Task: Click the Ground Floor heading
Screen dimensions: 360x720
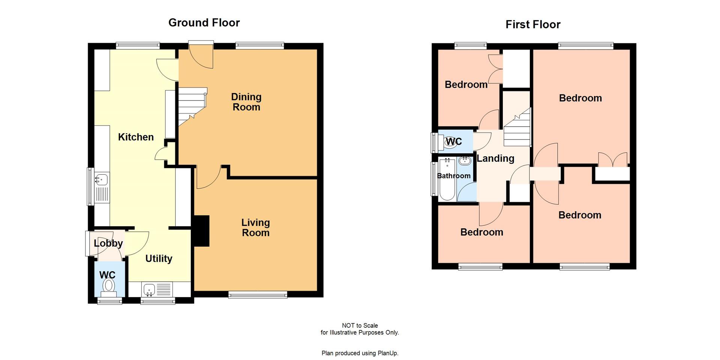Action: pos(204,23)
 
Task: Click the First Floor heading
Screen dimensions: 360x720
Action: pos(532,25)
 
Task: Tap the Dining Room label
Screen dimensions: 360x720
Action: pos(246,102)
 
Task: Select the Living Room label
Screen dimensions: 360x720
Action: pos(255,228)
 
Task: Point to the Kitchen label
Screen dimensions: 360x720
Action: pos(136,137)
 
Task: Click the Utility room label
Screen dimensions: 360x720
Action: pos(159,259)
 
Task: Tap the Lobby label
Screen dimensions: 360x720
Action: pos(108,243)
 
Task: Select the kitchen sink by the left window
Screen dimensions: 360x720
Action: pos(102,180)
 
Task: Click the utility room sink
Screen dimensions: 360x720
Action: pos(149,289)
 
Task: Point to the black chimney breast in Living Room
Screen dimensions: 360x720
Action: pos(201,231)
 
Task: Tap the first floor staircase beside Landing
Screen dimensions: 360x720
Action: pos(517,129)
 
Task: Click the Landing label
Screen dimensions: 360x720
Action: pos(495,159)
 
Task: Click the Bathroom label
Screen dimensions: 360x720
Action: pos(453,176)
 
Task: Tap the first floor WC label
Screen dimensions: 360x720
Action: pos(454,142)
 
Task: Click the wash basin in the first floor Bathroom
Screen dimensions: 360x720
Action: pos(465,161)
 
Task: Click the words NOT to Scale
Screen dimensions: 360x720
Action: pos(360,325)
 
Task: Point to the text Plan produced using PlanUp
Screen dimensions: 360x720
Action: pos(360,353)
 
